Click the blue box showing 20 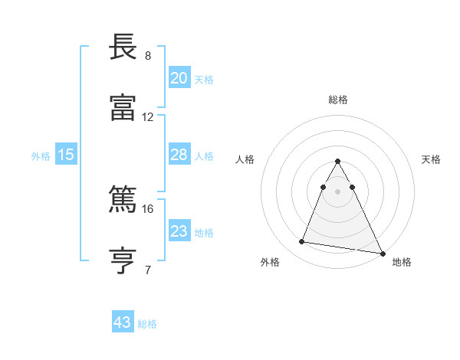click(x=179, y=78)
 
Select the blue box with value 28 click(x=179, y=155)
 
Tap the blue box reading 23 click(x=179, y=231)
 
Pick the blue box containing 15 click(x=66, y=155)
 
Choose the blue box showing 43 click(x=122, y=322)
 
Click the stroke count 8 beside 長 click(x=148, y=56)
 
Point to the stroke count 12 click(x=148, y=117)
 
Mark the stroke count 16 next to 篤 click(x=148, y=208)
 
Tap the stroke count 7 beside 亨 click(x=148, y=270)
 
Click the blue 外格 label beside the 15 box click(x=41, y=155)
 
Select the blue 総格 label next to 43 click(x=147, y=324)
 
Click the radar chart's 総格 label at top click(x=338, y=100)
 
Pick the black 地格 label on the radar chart click(x=402, y=262)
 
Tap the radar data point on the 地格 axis click(x=382, y=253)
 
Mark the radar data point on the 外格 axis click(x=302, y=242)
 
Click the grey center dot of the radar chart click(x=337, y=191)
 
